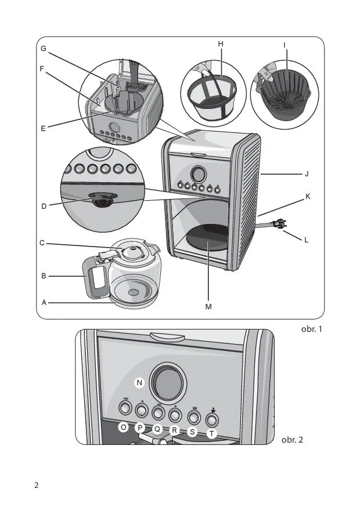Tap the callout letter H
tap(221, 44)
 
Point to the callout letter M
tap(208, 306)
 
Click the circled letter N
tap(139, 382)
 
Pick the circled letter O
tap(123, 428)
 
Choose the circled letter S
tap(193, 432)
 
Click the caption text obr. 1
tap(311, 329)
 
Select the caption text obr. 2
tap(292, 439)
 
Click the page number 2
tap(37, 485)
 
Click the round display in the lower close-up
tap(167, 383)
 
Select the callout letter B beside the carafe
tap(44, 277)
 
